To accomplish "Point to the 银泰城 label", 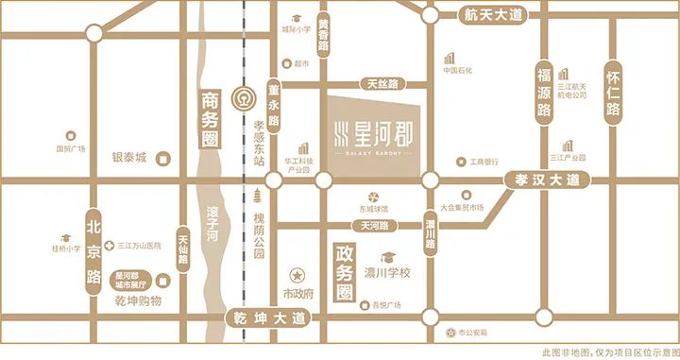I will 129,158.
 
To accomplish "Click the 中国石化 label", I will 464,70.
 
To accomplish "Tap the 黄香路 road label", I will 324,35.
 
